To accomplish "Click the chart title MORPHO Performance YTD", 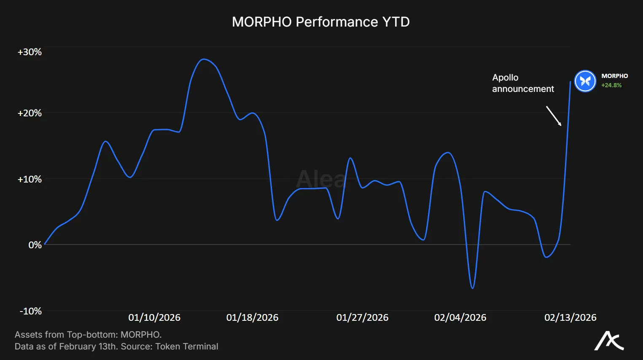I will pyautogui.click(x=320, y=22).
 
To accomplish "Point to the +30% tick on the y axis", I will pyautogui.click(x=30, y=52).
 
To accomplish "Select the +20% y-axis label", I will pyautogui.click(x=30, y=113).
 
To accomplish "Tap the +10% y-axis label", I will pyautogui.click(x=30, y=179).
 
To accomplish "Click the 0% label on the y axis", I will pyautogui.click(x=35, y=245).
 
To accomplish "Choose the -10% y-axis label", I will pyautogui.click(x=31, y=311).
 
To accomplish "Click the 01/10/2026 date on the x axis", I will pyautogui.click(x=154, y=317).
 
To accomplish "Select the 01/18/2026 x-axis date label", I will pyautogui.click(x=252, y=317).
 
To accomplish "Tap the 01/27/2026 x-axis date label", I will pyautogui.click(x=362, y=317).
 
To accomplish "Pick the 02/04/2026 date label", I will pyautogui.click(x=460, y=317).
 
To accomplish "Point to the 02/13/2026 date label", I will pyautogui.click(x=570, y=317).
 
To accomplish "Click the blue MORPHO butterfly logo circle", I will pyautogui.click(x=585, y=81).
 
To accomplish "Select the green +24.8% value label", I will pyautogui.click(x=611, y=85).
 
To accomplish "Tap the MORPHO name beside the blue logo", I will pyautogui.click(x=614, y=76).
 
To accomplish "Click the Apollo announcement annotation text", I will pyautogui.click(x=523, y=83).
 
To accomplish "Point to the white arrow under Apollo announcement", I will pyautogui.click(x=554, y=116).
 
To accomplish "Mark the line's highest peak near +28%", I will pyautogui.click(x=204, y=59).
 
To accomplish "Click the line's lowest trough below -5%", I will pyautogui.click(x=472, y=288).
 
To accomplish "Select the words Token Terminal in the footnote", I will pyautogui.click(x=186, y=347).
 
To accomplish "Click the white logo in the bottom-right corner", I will pyautogui.click(x=609, y=341).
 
